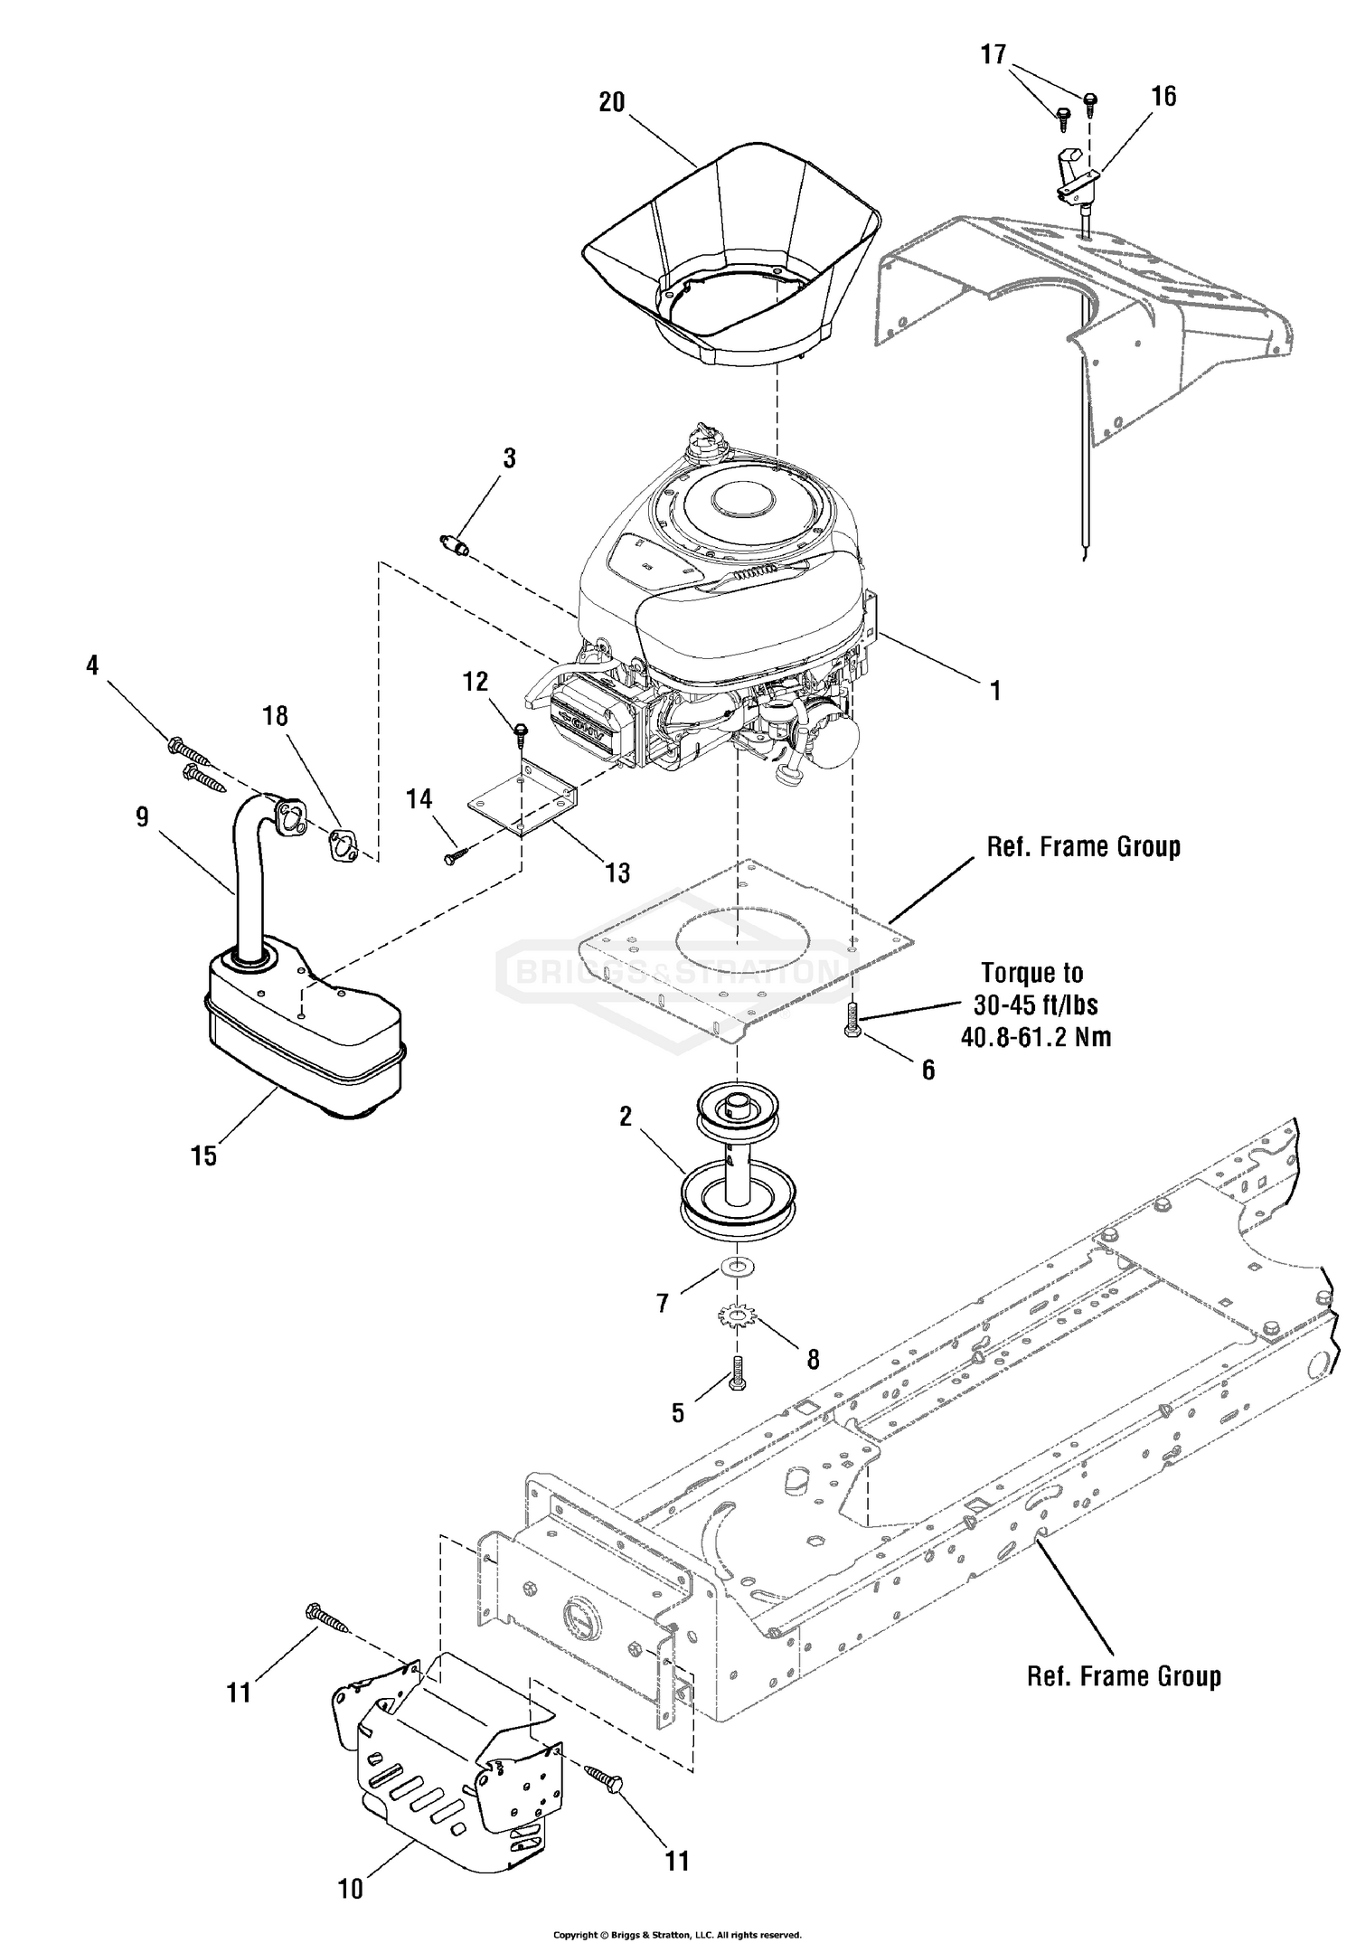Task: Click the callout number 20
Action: [612, 103]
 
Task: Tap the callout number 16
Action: [1164, 96]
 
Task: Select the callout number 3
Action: [510, 458]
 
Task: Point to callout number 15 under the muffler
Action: [204, 1155]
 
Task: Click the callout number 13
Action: [618, 872]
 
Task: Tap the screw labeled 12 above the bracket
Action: [521, 733]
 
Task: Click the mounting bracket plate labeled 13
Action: [523, 800]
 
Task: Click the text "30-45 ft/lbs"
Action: [1036, 1005]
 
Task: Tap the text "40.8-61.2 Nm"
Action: [1036, 1036]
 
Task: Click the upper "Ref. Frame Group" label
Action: [1084, 847]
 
